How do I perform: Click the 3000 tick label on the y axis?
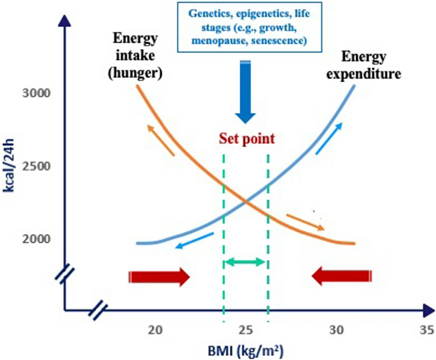coord(36,94)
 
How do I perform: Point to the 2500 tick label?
coord(36,166)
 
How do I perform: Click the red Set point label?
coord(246,139)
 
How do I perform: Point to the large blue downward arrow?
coord(246,92)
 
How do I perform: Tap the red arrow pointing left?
coord(342,276)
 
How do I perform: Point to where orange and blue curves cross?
coord(246,202)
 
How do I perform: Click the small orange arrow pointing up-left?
coord(161,140)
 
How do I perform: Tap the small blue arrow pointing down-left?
coord(195,241)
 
